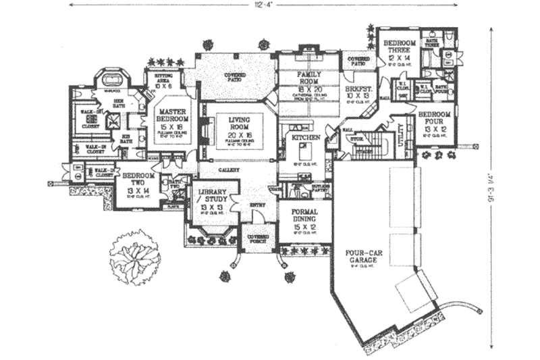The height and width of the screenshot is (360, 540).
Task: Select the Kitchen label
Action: [302, 137]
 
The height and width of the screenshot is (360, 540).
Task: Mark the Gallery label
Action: [227, 171]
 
